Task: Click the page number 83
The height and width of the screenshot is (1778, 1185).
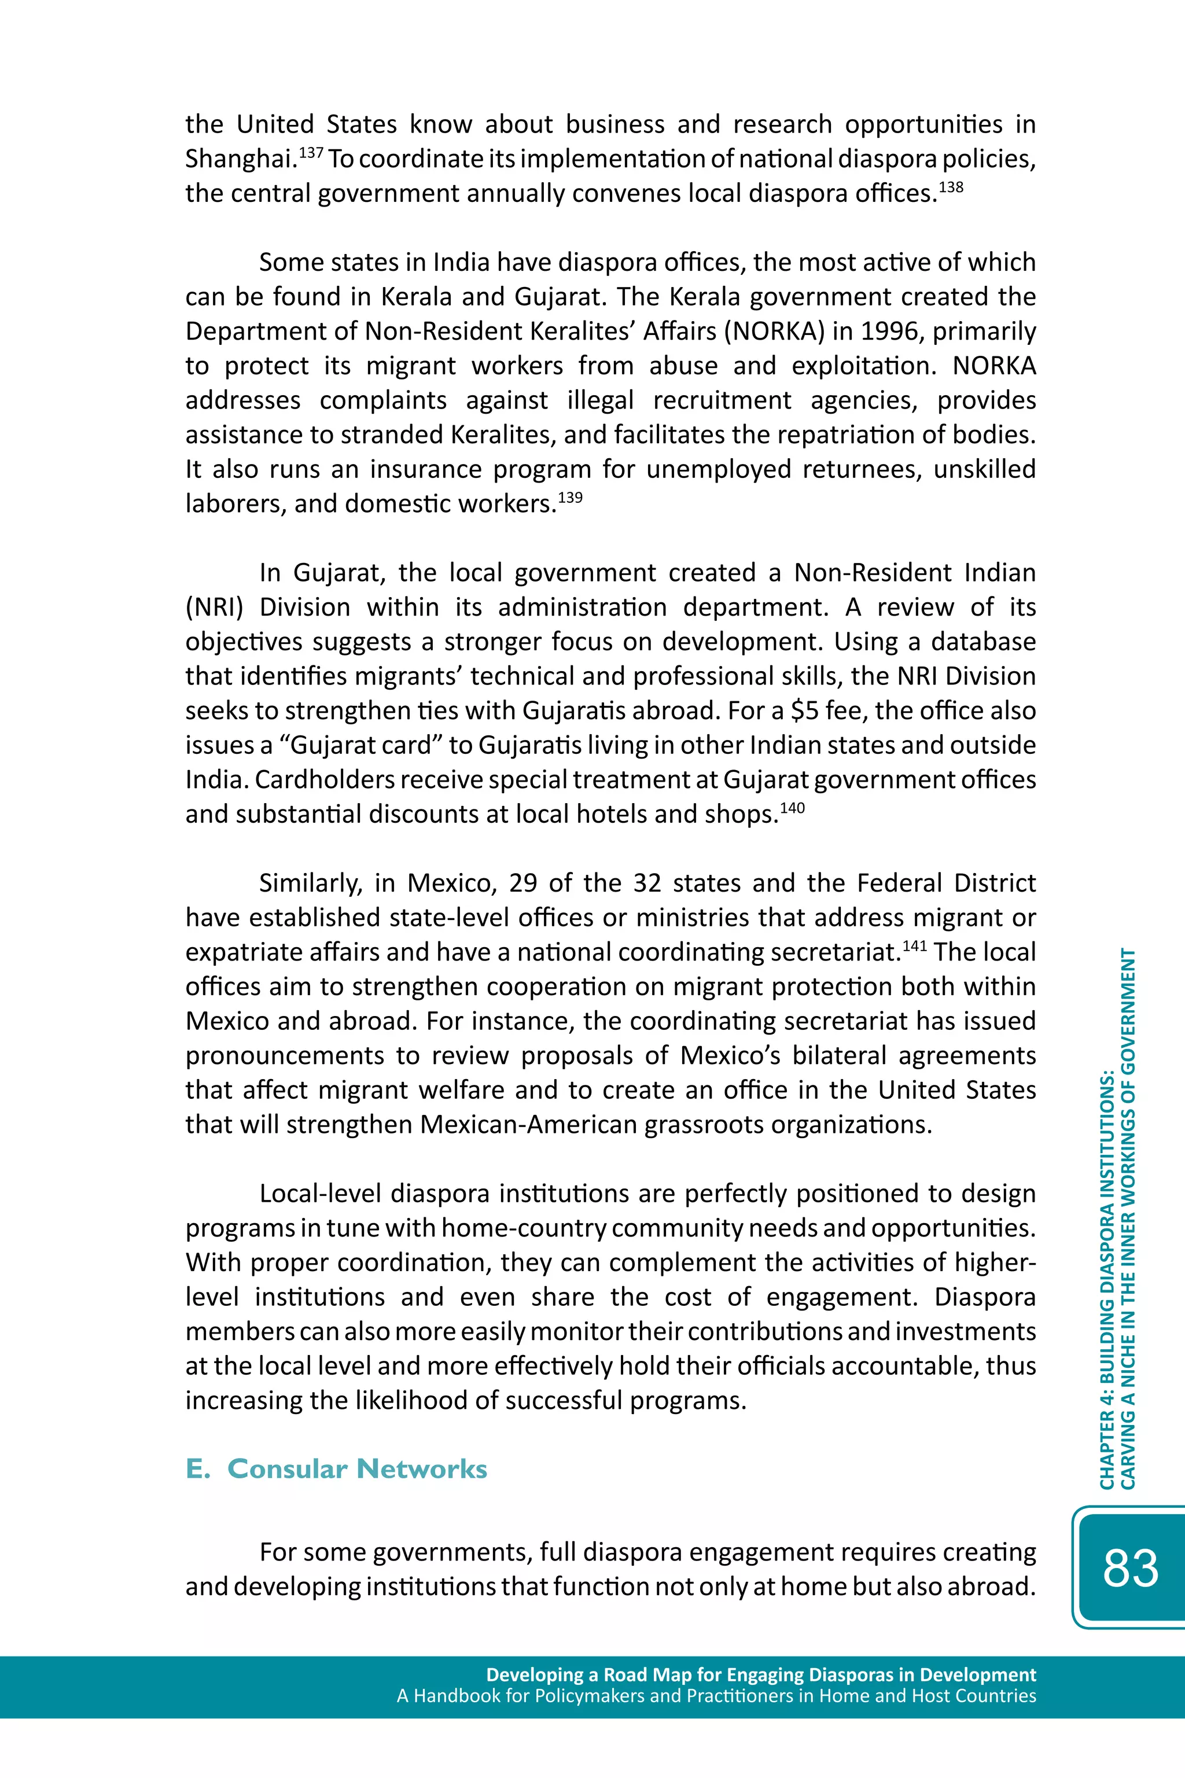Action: pos(1130,1568)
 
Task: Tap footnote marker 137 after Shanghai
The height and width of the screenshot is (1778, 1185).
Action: pos(311,153)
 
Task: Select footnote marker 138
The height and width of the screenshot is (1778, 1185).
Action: pos(951,187)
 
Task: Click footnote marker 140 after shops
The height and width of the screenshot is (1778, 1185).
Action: pos(792,808)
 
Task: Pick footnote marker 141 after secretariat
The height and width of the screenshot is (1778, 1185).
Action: pos(914,945)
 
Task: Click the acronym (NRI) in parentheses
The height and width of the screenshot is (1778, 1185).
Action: pos(215,608)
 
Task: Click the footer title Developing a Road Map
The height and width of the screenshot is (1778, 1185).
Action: pos(760,1674)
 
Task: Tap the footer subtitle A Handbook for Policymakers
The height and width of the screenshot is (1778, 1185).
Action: pos(716,1696)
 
